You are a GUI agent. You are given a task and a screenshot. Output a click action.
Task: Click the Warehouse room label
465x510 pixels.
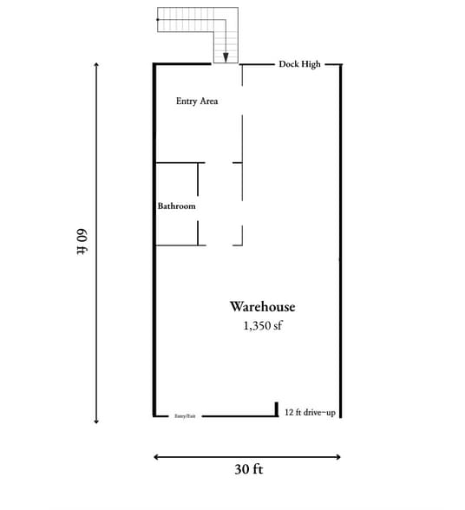262,307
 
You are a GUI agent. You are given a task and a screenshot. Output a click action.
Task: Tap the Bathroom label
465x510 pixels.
176,206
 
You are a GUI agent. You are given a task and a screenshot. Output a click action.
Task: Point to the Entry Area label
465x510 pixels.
197,101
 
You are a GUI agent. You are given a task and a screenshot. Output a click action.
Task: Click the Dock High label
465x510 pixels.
299,64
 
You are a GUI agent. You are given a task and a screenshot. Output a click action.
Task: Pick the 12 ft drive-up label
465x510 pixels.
310,412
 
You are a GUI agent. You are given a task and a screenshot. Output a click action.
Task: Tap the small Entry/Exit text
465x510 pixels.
186,416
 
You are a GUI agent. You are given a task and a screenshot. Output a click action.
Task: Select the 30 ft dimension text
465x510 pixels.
248,469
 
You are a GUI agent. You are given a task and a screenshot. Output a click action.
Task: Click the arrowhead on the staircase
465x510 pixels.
226,57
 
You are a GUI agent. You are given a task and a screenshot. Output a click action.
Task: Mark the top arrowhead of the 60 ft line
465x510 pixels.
96,65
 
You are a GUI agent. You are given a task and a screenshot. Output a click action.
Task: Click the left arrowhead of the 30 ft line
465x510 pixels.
157,456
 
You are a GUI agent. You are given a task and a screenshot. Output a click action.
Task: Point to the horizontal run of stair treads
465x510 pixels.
187,19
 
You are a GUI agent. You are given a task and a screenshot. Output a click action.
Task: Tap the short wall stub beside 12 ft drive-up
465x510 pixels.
276,409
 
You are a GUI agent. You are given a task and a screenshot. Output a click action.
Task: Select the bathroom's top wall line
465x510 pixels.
180,162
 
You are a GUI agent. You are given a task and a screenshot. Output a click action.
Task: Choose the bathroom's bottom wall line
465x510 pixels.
180,245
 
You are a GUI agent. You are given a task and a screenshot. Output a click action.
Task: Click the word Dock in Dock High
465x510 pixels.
288,64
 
